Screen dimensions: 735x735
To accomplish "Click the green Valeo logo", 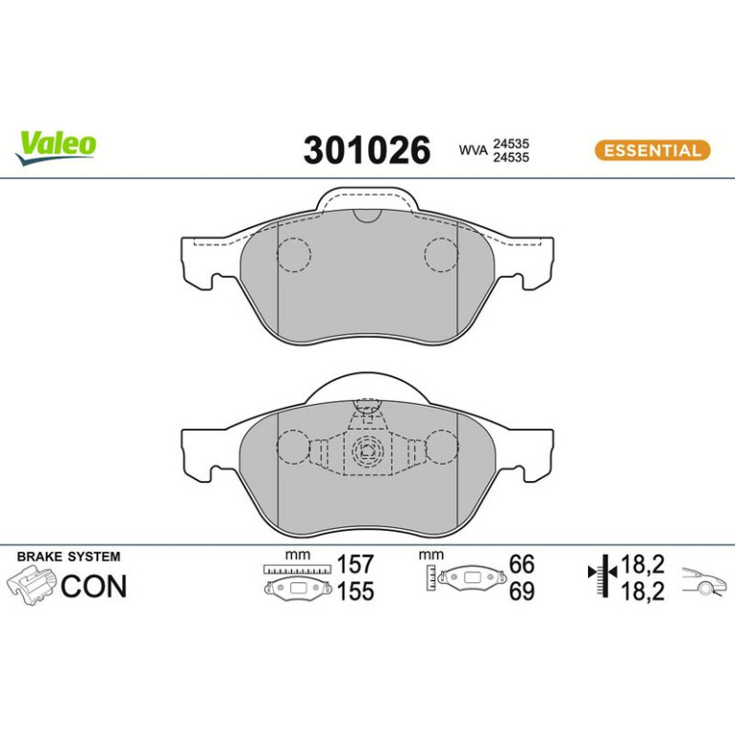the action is click(55, 148).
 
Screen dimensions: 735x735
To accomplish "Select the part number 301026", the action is click(367, 150).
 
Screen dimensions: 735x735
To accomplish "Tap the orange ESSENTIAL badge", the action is click(652, 151).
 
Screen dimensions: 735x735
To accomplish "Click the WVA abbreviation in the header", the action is click(473, 151).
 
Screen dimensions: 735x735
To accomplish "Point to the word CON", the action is click(94, 586).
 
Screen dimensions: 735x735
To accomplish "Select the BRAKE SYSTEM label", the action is click(69, 556).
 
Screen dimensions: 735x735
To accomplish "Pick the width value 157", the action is click(356, 564).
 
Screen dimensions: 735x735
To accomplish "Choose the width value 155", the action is click(356, 591).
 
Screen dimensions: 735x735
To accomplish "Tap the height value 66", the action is click(522, 564).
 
